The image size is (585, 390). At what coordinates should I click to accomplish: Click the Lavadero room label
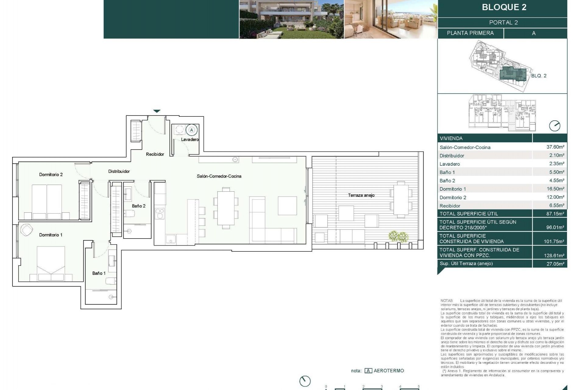190,140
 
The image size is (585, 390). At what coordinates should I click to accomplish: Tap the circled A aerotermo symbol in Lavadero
192,130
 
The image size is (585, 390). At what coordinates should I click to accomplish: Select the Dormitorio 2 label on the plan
51,175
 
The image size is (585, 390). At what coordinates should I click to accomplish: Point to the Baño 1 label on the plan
99,273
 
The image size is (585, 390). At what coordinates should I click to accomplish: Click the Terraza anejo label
361,195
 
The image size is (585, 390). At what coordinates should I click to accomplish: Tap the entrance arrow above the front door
157,111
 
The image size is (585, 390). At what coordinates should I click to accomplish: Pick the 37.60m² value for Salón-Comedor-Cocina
555,147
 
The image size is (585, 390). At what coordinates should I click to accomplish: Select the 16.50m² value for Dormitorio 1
555,189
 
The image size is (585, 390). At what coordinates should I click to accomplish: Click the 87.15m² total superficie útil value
555,214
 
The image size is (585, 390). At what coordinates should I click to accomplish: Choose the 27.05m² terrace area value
555,264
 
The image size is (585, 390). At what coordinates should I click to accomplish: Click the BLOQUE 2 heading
504,7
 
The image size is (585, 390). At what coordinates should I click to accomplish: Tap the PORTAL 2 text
503,23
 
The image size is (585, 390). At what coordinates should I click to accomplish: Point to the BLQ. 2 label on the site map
539,76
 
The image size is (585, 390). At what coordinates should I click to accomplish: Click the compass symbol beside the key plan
555,126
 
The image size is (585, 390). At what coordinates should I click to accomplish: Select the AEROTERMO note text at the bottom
388,371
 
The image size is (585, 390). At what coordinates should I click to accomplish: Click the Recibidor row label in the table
450,206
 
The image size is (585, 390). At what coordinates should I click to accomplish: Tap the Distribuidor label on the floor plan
119,172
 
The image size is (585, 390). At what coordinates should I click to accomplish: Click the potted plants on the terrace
398,236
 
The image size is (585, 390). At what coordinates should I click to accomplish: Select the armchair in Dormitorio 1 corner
27,230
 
